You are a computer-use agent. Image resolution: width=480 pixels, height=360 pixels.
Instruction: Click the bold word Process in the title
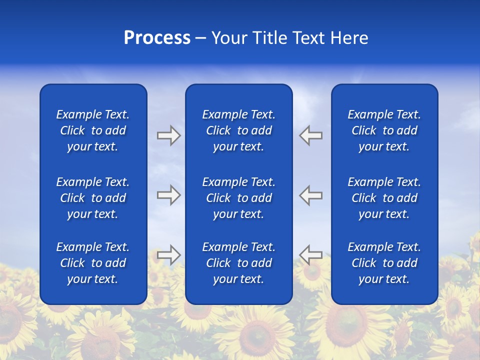[157, 38]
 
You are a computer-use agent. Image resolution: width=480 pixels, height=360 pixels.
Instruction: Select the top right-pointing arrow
[168, 135]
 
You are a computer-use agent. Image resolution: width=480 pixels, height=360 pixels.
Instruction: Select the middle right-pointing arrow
[168, 195]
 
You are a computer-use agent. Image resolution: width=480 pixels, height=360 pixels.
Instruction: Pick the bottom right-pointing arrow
[168, 254]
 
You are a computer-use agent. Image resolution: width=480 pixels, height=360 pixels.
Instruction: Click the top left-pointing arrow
[311, 135]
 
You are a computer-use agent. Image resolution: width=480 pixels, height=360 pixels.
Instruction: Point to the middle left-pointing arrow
[311, 195]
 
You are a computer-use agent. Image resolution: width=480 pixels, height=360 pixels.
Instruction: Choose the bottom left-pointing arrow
[311, 254]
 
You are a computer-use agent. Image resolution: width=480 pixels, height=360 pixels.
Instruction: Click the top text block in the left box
[93, 130]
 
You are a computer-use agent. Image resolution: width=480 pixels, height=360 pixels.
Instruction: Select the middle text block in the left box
[93, 198]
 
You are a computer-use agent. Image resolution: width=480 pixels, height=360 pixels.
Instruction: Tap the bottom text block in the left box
[93, 263]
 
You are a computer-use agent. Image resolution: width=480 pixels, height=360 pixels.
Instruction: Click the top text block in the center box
[238, 130]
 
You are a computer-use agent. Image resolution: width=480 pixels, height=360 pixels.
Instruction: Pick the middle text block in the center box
[238, 198]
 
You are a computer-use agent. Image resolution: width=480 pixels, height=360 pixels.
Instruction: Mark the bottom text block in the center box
[238, 263]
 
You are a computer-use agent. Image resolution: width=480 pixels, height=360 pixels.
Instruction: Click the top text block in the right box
[384, 130]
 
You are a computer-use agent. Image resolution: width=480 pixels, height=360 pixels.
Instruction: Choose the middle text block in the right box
[384, 198]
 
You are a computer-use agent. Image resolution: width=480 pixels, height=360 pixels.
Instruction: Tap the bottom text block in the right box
[384, 263]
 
